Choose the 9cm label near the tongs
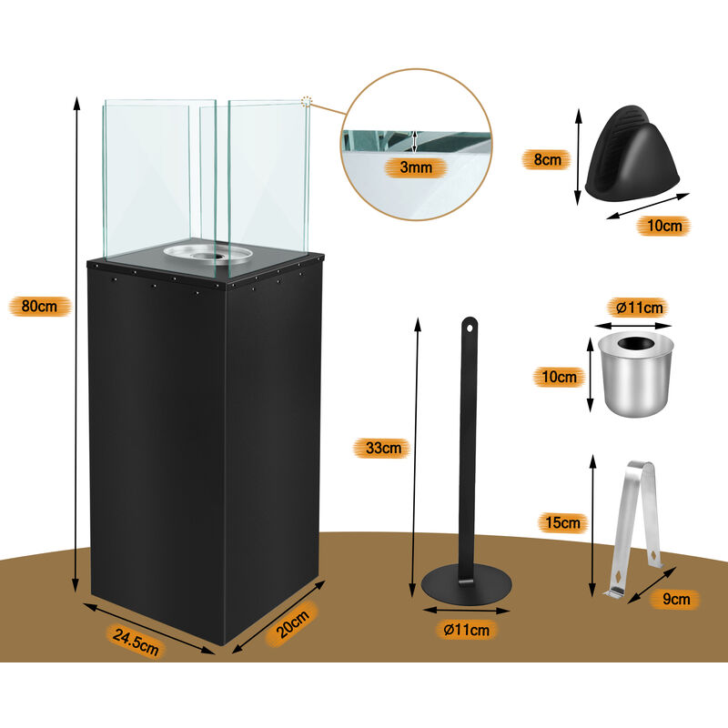pos(672,598)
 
